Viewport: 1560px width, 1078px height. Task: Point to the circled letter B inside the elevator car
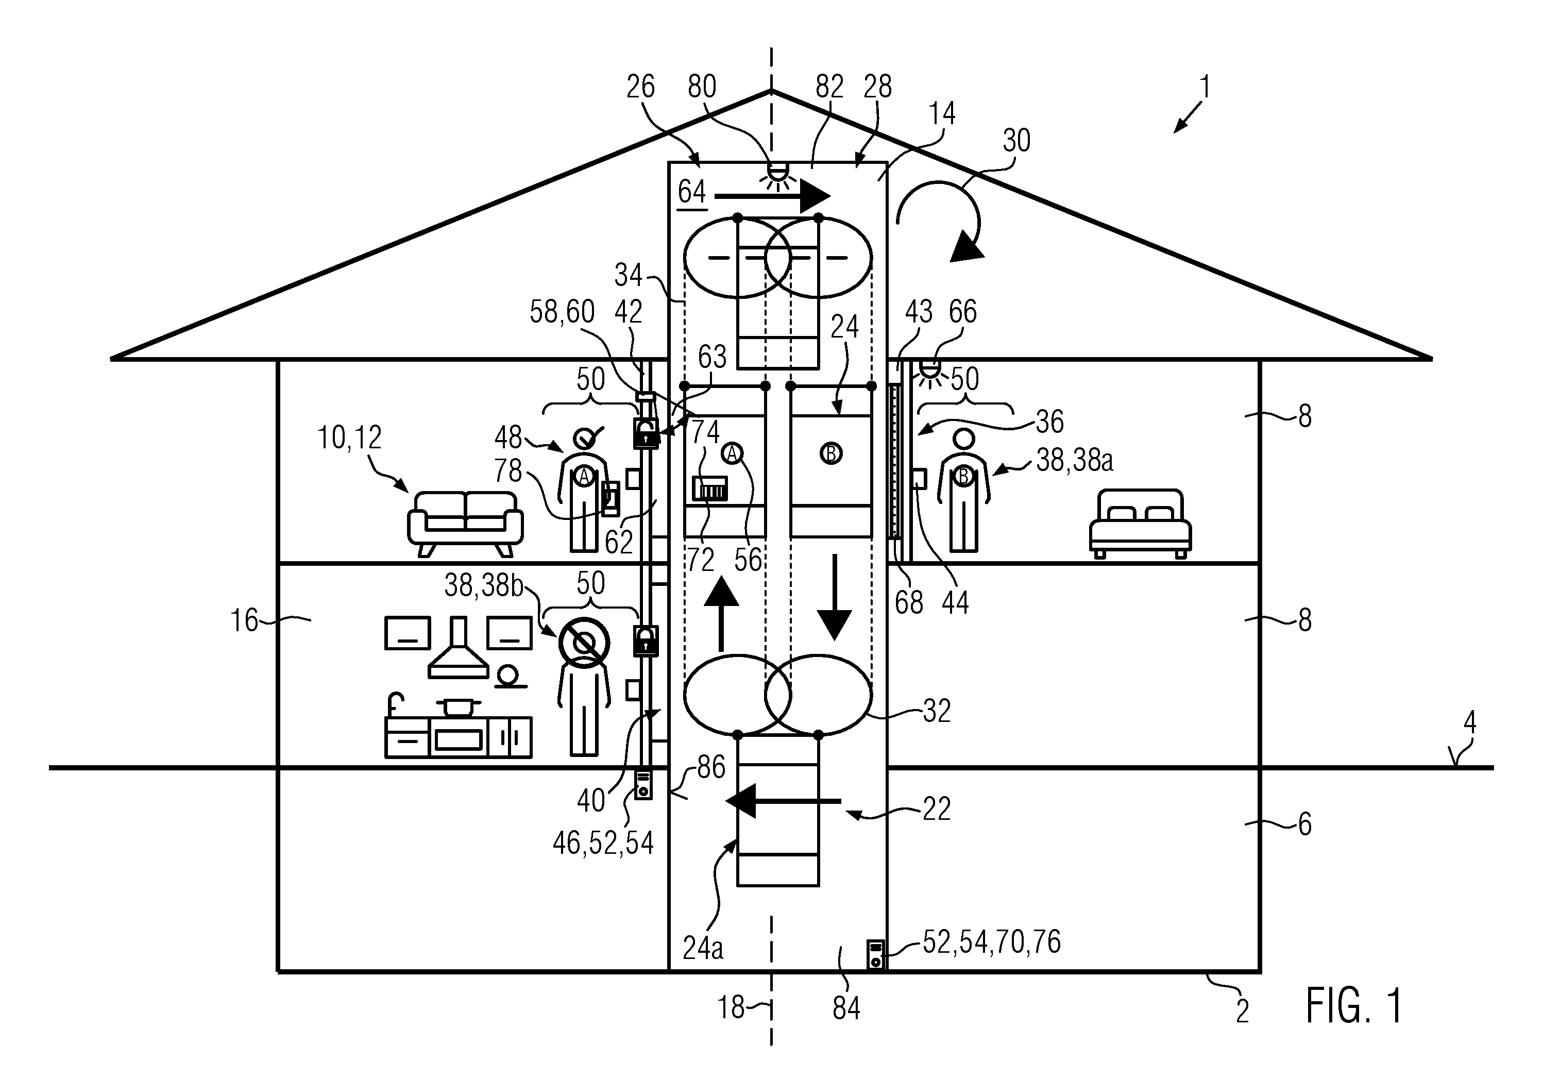(830, 453)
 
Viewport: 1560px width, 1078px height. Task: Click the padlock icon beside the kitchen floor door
(646, 641)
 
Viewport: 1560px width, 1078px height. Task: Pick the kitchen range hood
(459, 647)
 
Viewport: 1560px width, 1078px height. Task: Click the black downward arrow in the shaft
(835, 597)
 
